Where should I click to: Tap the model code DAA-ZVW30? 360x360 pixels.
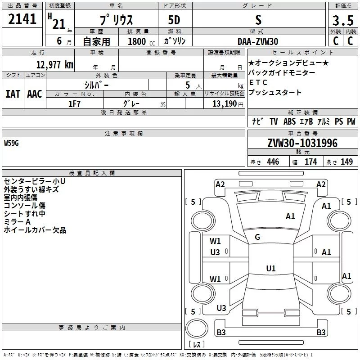[258, 41]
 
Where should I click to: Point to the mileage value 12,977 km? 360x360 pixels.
[54, 64]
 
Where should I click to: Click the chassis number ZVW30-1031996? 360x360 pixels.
[302, 143]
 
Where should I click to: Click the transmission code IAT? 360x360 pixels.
[13, 94]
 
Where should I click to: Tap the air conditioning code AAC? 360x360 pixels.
[35, 94]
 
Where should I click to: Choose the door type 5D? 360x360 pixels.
[175, 21]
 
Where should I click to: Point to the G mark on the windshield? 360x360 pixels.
[257, 237]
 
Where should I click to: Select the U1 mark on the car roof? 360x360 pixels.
[270, 269]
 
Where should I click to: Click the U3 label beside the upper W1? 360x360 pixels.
[215, 252]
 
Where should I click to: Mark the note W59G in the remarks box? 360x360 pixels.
[12, 143]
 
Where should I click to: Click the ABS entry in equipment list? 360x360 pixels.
[289, 121]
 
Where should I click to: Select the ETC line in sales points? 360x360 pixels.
[258, 82]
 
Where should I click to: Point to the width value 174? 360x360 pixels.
[311, 162]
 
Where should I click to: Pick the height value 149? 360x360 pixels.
[347, 162]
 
